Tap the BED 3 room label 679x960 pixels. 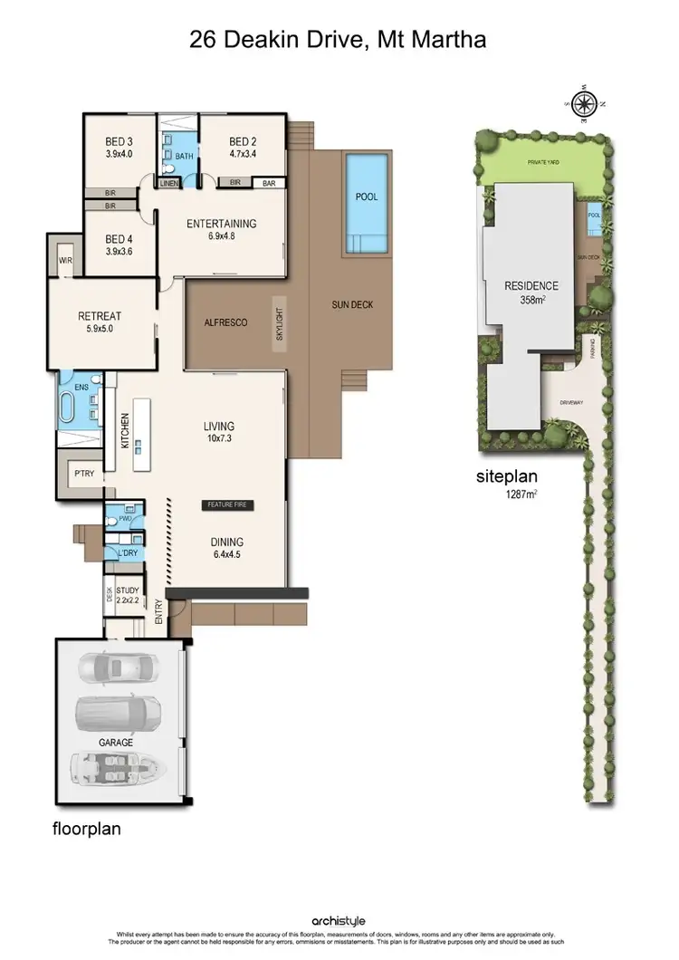119,148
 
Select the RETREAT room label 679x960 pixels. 100,322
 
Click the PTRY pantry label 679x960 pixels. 81,473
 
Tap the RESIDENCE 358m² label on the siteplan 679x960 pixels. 532,292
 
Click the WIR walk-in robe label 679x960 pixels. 65,261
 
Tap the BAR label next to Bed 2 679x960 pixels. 268,183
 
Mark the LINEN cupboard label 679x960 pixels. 169,183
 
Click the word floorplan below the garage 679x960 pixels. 88,828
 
